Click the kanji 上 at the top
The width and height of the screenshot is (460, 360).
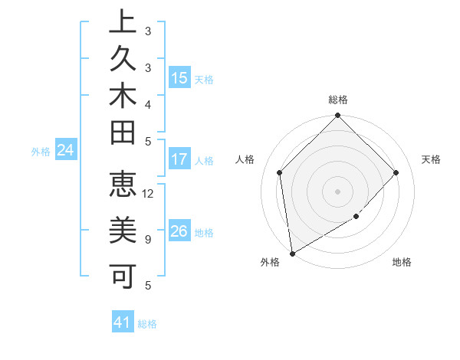click(123, 22)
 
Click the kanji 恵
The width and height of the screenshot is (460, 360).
click(123, 186)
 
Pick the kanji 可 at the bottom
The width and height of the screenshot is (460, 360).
click(123, 274)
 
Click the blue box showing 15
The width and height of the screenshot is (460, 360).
click(179, 78)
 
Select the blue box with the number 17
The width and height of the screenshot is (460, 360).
click(179, 160)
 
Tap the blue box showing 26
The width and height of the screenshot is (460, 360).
click(179, 232)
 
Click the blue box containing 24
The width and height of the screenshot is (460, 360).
click(65, 151)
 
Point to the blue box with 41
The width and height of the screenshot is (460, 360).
click(123, 322)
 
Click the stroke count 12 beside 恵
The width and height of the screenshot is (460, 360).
click(148, 193)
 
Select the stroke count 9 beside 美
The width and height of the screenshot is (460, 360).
click(147, 239)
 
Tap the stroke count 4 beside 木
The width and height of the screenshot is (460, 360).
click(147, 103)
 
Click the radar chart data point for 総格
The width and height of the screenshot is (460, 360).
click(337, 116)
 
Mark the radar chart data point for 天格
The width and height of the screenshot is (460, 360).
click(396, 172)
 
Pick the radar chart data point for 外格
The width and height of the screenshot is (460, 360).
click(293, 253)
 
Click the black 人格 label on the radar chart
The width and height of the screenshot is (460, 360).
click(245, 159)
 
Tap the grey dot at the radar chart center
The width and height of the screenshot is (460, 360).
click(337, 191)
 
